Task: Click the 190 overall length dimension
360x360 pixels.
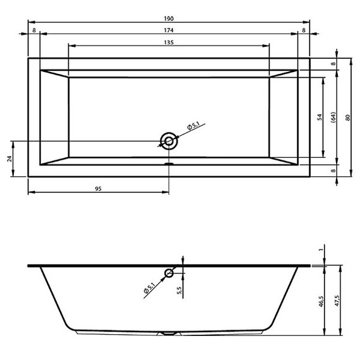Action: (169, 18)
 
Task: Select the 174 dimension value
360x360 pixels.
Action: (169, 30)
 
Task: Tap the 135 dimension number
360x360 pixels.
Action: (169, 42)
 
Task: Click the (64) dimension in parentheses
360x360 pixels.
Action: (332, 117)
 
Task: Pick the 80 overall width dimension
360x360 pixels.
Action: (347, 117)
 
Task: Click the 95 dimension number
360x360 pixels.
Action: (99, 188)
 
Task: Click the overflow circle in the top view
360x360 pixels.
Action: (169, 140)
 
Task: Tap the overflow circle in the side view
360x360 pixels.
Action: (169, 273)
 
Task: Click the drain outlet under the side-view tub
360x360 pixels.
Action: (169, 332)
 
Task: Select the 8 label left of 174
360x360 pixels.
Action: (33, 30)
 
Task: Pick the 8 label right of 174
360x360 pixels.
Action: (304, 30)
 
